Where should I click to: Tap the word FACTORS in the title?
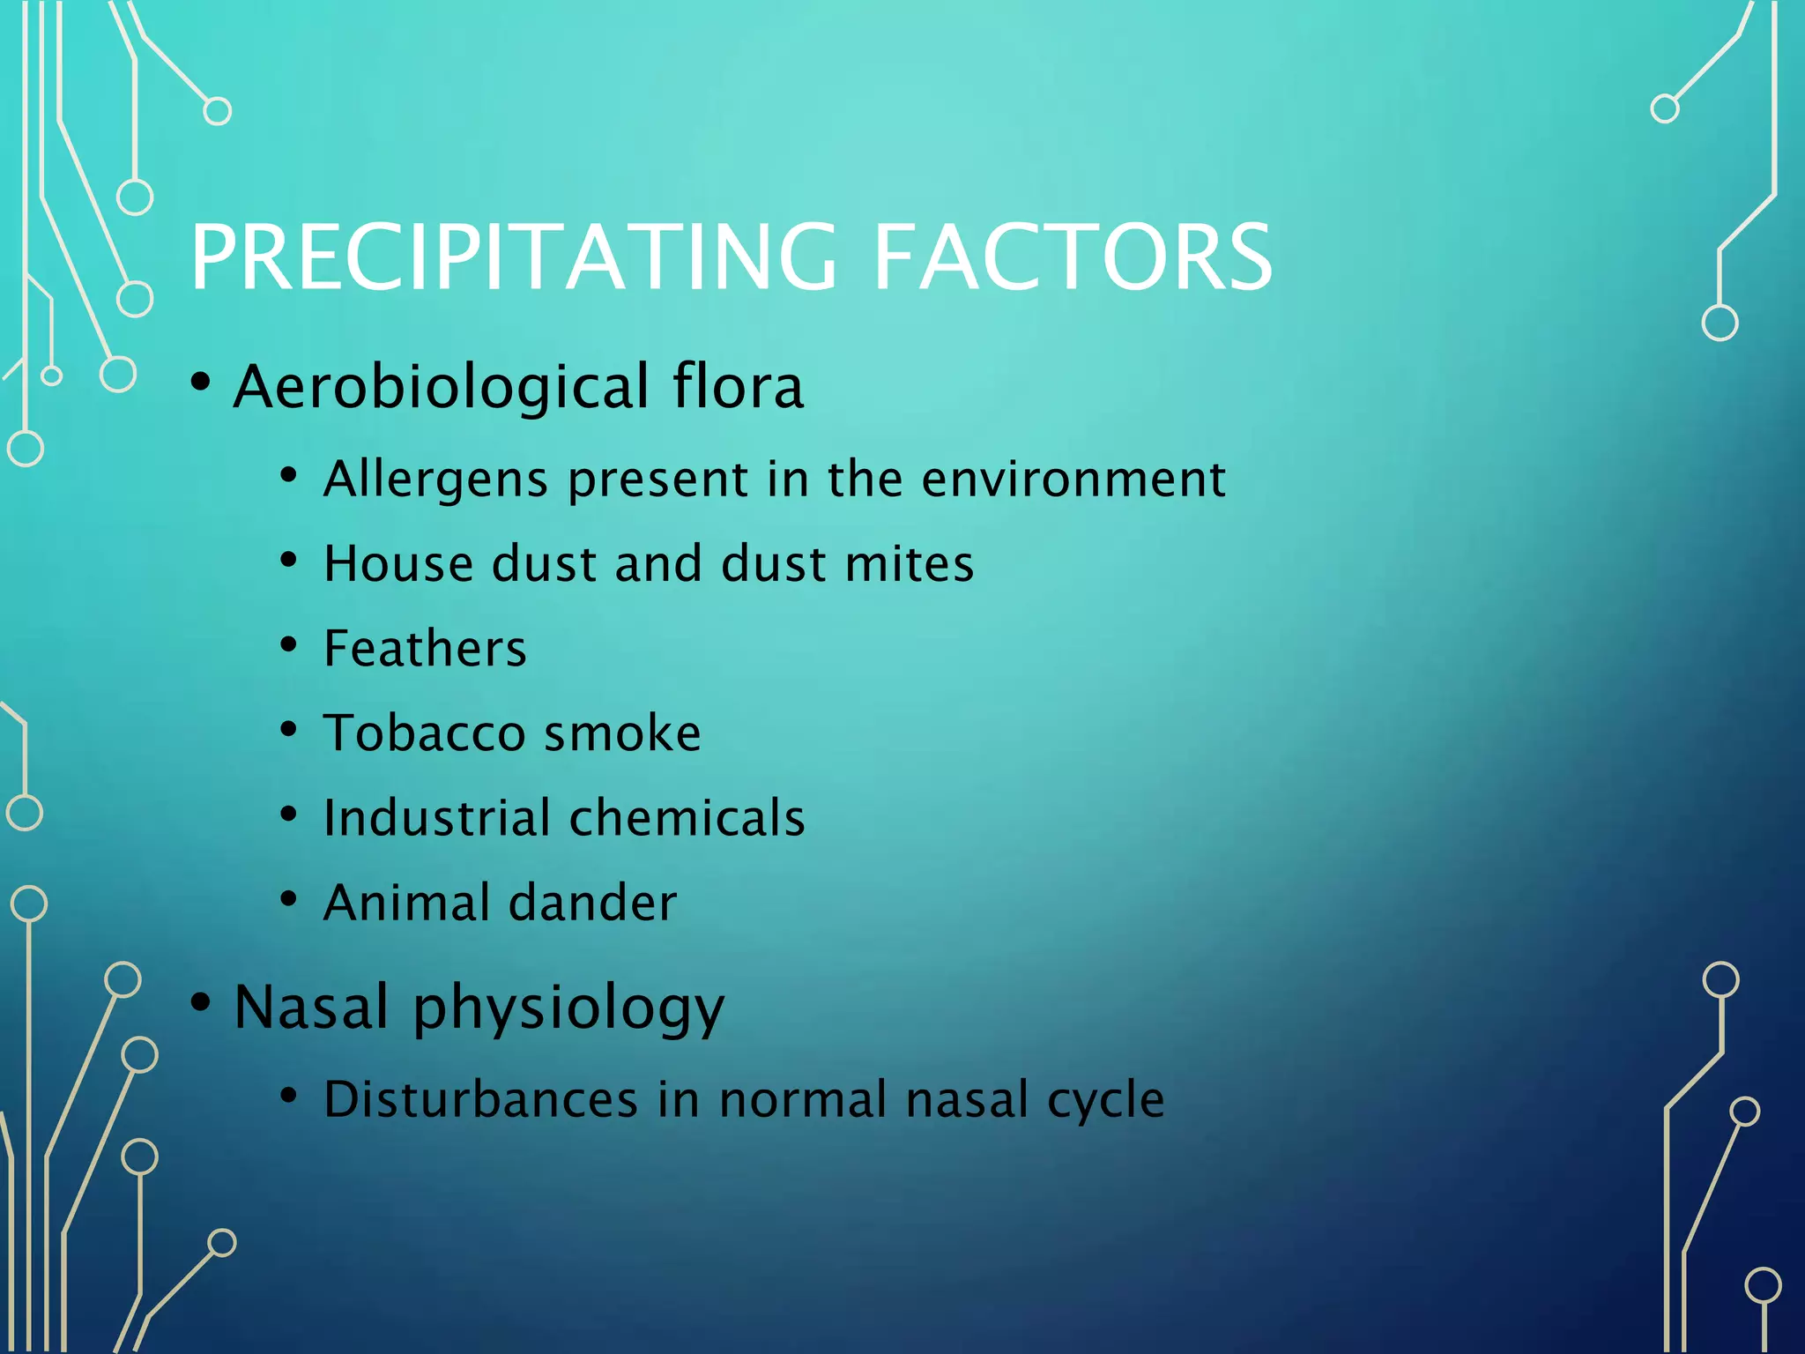point(1072,257)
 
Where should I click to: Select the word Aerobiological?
point(442,388)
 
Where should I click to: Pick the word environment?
point(1073,480)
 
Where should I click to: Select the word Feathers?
point(425,649)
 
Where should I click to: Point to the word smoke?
point(622,733)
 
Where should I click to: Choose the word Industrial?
point(437,818)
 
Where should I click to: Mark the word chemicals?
point(687,818)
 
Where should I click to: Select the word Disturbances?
point(480,1100)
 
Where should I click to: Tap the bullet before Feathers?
point(288,645)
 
